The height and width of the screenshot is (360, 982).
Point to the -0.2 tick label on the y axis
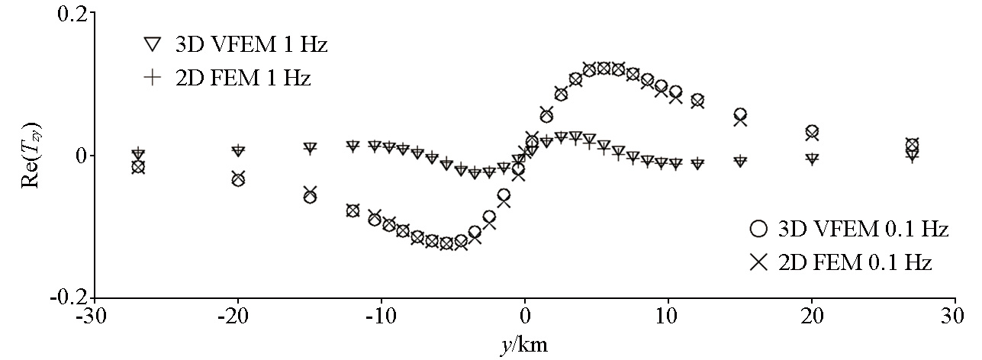click(x=68, y=297)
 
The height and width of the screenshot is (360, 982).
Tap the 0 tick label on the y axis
click(x=79, y=156)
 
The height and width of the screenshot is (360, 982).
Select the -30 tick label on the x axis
click(x=95, y=317)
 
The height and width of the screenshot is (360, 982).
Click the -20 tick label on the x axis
click(x=238, y=317)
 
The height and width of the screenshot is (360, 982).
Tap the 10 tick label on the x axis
click(x=668, y=317)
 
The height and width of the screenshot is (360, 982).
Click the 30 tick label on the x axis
click(x=955, y=317)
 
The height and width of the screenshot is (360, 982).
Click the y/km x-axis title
click(x=524, y=345)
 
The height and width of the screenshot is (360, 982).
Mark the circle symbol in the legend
click(x=758, y=229)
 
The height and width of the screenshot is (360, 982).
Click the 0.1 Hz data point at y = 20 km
click(x=812, y=133)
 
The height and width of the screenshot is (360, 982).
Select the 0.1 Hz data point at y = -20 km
click(x=238, y=178)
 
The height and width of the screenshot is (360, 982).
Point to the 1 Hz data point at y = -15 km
click(x=310, y=148)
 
